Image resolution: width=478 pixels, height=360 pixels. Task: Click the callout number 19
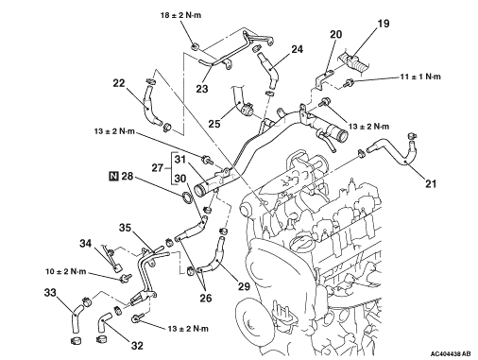click(384, 24)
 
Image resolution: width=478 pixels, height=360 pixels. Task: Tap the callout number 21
click(431, 183)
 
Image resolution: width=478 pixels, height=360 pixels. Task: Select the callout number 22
click(119, 83)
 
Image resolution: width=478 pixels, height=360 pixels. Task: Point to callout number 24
click(297, 49)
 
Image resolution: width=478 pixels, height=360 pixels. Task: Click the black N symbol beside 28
click(113, 176)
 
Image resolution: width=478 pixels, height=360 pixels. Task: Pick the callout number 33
click(50, 293)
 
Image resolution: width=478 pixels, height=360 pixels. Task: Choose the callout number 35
click(125, 228)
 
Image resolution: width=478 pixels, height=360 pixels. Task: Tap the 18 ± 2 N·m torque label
click(180, 15)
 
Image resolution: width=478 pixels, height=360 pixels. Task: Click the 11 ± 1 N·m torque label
click(420, 77)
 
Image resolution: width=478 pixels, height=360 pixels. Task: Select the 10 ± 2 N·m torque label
click(66, 271)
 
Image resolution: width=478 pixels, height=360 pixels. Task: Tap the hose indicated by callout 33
click(76, 318)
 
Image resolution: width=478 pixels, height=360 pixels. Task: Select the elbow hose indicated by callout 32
click(102, 322)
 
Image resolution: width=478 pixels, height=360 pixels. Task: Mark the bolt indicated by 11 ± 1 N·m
click(349, 83)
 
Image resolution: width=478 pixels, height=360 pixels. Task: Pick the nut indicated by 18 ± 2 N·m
click(196, 47)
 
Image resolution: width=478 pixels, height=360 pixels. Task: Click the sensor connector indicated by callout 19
click(353, 62)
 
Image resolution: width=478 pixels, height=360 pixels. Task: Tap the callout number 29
click(244, 286)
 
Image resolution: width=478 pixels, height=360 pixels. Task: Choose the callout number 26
click(206, 299)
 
